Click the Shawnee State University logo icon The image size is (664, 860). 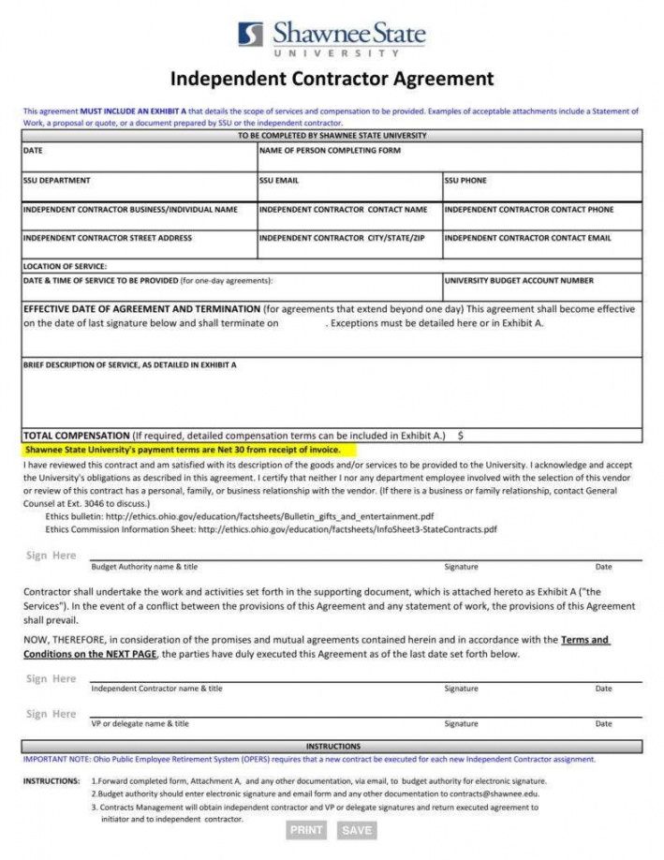click(250, 35)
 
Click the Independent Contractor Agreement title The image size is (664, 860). click(332, 78)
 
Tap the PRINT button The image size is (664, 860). click(306, 830)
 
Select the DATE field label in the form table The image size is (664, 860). click(33, 150)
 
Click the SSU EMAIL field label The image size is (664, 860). click(279, 180)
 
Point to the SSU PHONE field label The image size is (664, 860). click(465, 180)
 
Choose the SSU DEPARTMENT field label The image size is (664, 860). click(56, 180)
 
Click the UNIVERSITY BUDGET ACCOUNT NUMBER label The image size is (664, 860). click(518, 280)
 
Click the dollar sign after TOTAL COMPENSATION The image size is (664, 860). click(461, 436)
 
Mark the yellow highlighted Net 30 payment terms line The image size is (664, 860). click(182, 450)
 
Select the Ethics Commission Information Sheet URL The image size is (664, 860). click(347, 528)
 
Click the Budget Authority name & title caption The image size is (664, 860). click(144, 567)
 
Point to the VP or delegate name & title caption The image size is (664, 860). click(140, 723)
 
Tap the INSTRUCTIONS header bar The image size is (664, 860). click(332, 747)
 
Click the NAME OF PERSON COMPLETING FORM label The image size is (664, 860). click(330, 150)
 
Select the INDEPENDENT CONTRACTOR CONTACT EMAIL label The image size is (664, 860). click(527, 238)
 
